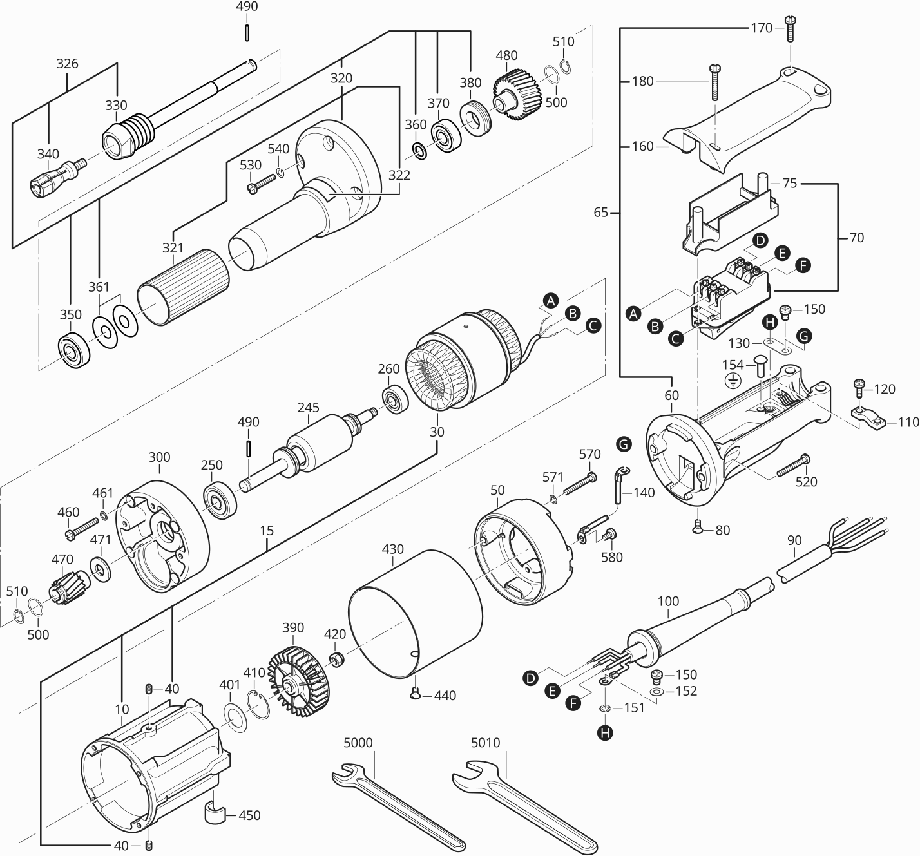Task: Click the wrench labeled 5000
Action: pyautogui.click(x=399, y=808)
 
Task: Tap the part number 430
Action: pyautogui.click(x=392, y=549)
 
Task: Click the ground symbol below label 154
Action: pyautogui.click(x=731, y=381)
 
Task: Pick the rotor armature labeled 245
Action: pyautogui.click(x=316, y=444)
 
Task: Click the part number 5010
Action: pyautogui.click(x=485, y=743)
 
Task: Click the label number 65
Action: pyautogui.click(x=600, y=212)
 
